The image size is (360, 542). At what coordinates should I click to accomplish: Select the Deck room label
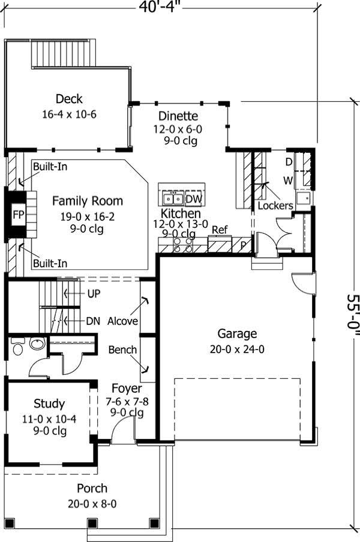coord(69,99)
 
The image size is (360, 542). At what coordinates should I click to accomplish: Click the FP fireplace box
coord(17,214)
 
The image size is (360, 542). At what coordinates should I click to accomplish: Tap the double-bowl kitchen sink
coord(174,198)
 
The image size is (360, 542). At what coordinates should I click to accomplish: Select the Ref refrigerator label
coord(220,230)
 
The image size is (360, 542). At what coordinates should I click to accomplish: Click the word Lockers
coord(275,206)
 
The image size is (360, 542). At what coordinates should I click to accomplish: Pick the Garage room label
coord(237,334)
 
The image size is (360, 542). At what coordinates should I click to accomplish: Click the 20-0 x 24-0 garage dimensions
coord(237,349)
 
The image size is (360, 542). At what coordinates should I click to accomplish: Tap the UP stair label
coord(94,294)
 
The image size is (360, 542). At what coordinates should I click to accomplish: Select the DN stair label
coord(92,321)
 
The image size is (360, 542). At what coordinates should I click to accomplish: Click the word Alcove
coord(122,321)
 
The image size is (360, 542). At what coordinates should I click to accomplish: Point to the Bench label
coord(122,350)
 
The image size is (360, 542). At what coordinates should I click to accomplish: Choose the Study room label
coord(49,404)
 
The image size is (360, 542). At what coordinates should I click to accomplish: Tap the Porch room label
coord(92,489)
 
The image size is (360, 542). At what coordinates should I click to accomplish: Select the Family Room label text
coord(87,201)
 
